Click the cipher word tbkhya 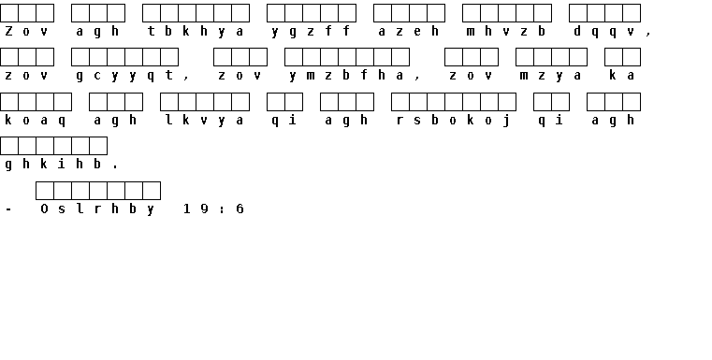point(196,31)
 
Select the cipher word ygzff point(311,31)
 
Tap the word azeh point(409,31)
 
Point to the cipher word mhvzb point(506,31)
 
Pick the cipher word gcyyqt point(124,76)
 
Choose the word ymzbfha point(346,76)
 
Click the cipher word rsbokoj point(453,121)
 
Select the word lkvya point(204,121)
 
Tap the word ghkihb point(53,164)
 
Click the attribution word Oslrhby point(97,209)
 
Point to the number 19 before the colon point(196,209)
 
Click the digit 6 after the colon point(240,209)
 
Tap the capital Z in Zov point(8,31)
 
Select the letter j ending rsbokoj point(506,121)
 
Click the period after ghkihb point(115,167)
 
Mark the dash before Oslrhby point(8,209)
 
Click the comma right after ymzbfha point(417,79)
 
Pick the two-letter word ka point(621,76)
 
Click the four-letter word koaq point(36,121)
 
